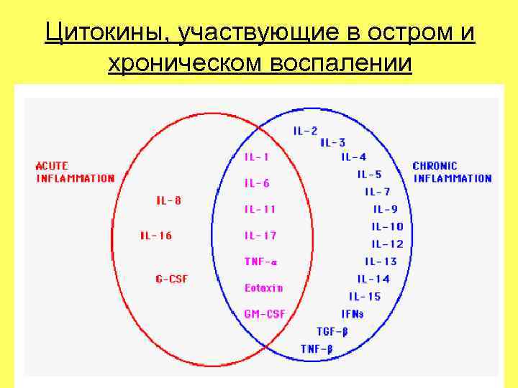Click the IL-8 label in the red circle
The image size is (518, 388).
click(x=169, y=200)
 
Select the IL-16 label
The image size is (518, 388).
click(x=156, y=235)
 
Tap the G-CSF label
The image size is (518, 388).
click(x=171, y=279)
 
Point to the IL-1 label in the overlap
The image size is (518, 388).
click(x=257, y=157)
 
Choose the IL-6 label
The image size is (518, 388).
click(x=257, y=183)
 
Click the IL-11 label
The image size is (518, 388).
click(x=260, y=209)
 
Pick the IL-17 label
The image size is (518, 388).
click(x=260, y=235)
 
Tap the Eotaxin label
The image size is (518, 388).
click(x=263, y=287)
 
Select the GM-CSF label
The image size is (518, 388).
click(x=265, y=314)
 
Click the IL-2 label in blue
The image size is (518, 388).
click(x=305, y=131)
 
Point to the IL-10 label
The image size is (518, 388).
click(x=387, y=226)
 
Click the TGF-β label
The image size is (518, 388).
click(x=332, y=331)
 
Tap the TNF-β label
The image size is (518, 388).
click(x=317, y=349)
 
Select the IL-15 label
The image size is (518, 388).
click(x=365, y=296)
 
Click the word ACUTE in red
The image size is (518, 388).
click(x=53, y=165)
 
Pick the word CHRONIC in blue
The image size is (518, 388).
click(x=435, y=165)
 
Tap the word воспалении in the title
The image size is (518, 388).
click(x=341, y=65)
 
